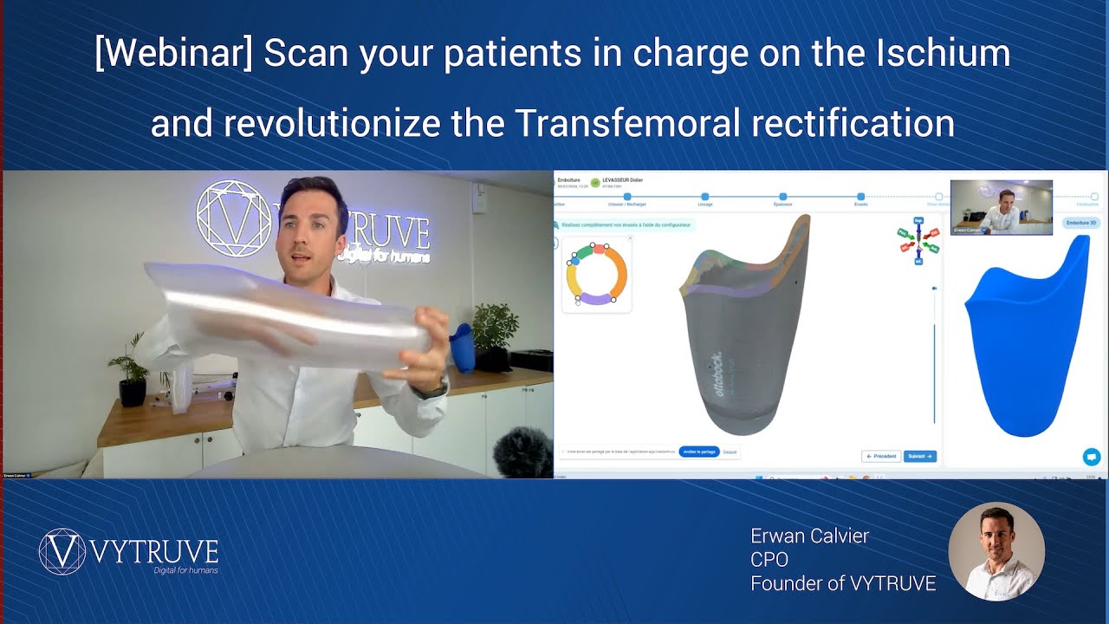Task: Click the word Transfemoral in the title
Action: coord(628,123)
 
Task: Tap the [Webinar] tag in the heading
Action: coord(173,54)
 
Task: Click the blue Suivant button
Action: coord(919,456)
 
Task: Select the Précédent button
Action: coord(881,456)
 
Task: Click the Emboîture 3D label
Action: coord(1080,223)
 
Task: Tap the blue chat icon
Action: coord(1091,456)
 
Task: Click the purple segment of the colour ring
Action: coord(595,299)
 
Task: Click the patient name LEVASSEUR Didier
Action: coord(623,180)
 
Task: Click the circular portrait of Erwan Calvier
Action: coord(996,551)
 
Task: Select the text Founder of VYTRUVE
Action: coord(842,583)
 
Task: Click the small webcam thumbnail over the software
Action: coord(1001,207)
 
